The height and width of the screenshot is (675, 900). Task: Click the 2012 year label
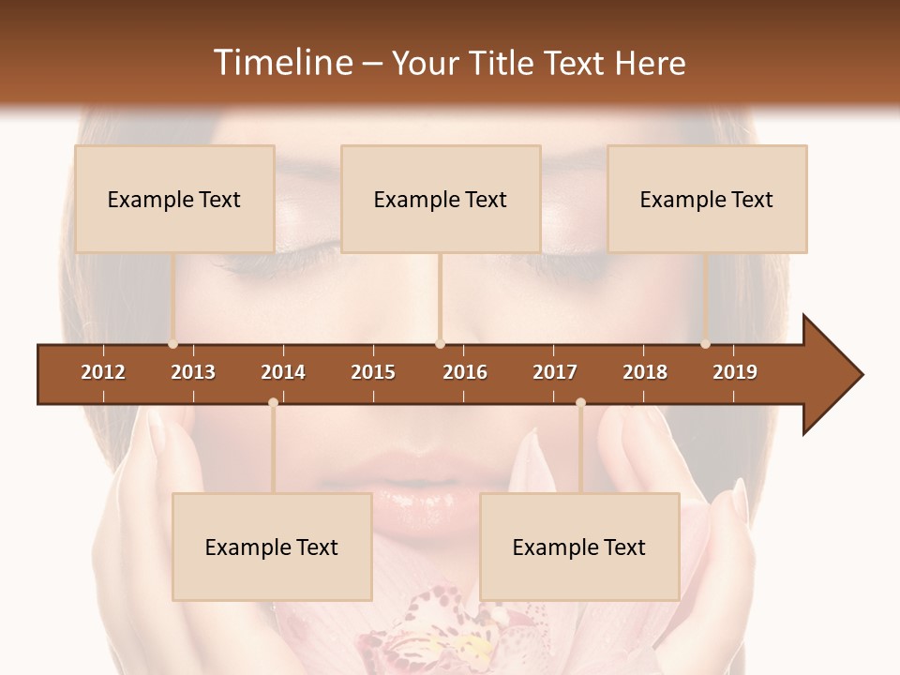[103, 372]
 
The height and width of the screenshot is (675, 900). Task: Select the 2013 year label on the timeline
[193, 372]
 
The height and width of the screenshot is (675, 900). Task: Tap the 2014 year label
[283, 372]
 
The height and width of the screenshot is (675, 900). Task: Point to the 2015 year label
[373, 372]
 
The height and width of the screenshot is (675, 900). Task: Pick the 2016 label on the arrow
[465, 372]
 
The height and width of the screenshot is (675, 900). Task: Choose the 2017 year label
[555, 372]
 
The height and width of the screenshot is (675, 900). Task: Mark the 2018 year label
[645, 372]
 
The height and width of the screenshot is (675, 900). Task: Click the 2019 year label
[735, 372]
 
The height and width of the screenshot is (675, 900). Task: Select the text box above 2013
[174, 199]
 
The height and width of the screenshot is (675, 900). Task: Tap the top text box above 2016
[441, 199]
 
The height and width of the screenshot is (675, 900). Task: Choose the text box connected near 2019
[707, 199]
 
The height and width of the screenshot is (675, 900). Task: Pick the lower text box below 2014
[272, 547]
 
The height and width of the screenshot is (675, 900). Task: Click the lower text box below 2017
[579, 547]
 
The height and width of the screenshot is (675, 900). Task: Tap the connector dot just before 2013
[172, 344]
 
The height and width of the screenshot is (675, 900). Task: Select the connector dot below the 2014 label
[273, 403]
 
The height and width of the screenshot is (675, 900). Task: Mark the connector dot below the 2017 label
[580, 403]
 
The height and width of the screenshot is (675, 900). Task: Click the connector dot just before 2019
[706, 344]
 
